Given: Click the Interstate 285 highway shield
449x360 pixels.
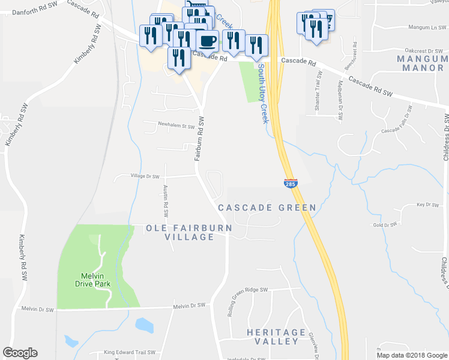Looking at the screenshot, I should tap(290, 182).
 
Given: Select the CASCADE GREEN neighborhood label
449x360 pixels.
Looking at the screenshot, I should tap(267, 208).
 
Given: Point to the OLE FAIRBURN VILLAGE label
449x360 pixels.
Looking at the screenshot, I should tap(180, 233).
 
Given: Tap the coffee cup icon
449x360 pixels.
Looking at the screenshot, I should tap(208, 41).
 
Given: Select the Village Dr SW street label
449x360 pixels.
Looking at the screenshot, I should tap(137, 176).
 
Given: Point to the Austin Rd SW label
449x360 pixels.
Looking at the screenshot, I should tap(166, 201).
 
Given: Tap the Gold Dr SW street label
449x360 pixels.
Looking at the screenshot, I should tap(385, 225).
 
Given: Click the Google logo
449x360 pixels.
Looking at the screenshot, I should tap(20, 353).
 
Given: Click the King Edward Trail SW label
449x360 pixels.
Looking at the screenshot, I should tap(130, 353).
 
